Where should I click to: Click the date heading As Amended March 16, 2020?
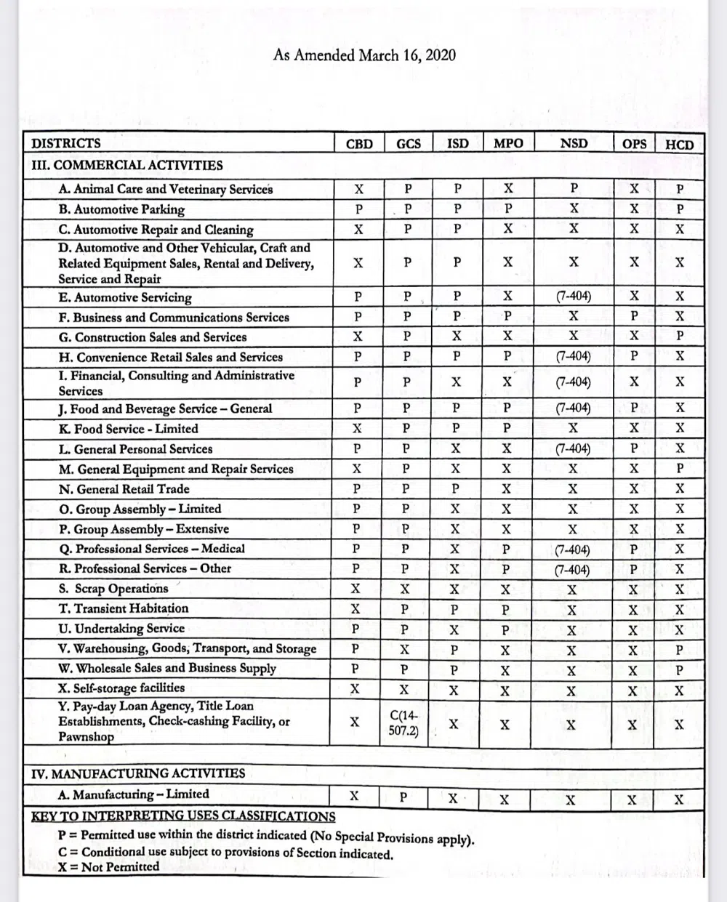364,55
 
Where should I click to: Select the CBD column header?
358,144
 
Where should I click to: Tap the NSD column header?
574,143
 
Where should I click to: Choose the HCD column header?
679,144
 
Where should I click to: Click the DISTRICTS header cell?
66,143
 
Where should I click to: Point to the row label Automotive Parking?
121,209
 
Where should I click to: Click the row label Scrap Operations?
113,589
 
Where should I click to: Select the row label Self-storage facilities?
121,688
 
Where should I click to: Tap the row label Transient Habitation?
124,608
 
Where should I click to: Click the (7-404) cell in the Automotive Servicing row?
573,297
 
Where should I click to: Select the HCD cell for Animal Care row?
680,189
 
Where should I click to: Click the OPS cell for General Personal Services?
634,449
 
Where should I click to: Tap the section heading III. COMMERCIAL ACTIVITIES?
127,165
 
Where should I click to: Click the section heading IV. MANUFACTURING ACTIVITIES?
138,773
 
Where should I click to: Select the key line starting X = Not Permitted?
108,866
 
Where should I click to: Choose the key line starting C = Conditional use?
226,853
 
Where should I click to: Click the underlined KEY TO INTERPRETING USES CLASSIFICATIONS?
183,816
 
